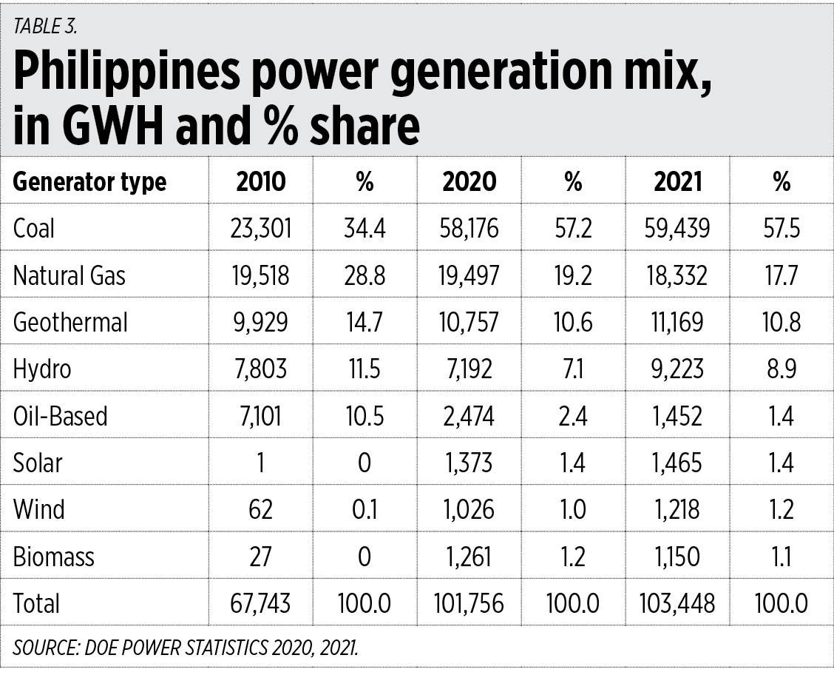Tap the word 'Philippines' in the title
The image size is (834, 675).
pos(126,73)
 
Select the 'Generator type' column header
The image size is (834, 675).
pos(89,181)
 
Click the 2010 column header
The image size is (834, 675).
pos(260,181)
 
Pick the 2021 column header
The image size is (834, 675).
pos(677,181)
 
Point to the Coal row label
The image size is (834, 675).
pos(34,228)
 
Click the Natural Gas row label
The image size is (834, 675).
pos(69,275)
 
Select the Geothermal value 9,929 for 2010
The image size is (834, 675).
pos(260,322)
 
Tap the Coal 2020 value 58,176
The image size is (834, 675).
pos(469,228)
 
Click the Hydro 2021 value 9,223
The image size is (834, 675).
pos(677,369)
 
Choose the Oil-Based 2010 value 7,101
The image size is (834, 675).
pos(260,415)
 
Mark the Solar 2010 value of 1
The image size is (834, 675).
pos(260,463)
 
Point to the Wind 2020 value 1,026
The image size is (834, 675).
pos(469,509)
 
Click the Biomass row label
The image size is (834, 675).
pos(53,556)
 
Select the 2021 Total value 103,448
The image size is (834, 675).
pos(677,603)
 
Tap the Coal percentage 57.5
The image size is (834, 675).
pos(782,228)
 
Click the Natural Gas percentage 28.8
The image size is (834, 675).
pos(365,275)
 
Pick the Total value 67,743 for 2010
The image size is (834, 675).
pos(260,603)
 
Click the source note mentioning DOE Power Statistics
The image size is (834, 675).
pos(186,648)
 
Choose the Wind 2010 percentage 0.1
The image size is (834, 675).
pos(365,509)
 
